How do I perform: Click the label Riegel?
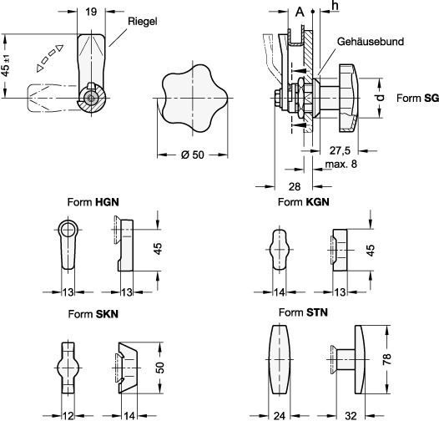tap(143, 22)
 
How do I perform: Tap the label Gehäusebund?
tap(371, 42)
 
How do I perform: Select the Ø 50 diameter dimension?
tap(193, 155)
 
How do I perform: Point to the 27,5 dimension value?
tap(340, 150)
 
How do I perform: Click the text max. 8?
tap(341, 164)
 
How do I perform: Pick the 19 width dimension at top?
tap(91, 12)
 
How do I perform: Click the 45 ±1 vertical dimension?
tap(6, 66)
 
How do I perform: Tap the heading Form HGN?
tap(93, 202)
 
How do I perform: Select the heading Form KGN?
tap(304, 202)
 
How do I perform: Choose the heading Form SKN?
tap(93, 314)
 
